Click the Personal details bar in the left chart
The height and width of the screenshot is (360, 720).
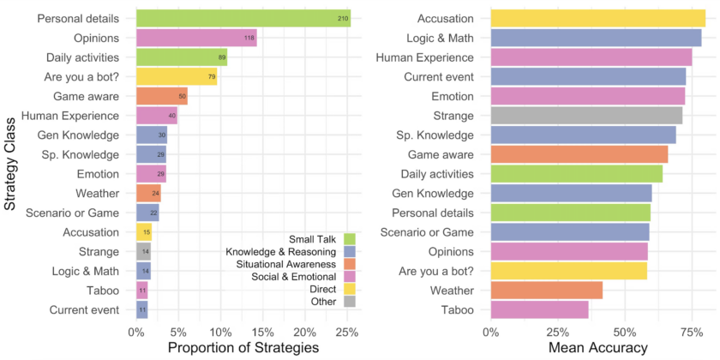click(243, 18)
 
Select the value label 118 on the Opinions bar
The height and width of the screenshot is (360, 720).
click(249, 38)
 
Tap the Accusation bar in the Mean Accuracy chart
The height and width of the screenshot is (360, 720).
click(597, 18)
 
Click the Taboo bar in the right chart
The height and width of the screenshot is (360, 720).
click(539, 309)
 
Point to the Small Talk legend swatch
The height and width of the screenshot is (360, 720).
click(349, 237)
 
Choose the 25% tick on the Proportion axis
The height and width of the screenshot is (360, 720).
click(346, 331)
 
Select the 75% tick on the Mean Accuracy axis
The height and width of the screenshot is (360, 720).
click(692, 331)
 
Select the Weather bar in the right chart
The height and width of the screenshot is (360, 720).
click(546, 290)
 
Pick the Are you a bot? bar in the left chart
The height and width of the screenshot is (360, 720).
click(177, 77)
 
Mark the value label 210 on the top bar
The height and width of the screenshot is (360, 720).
click(342, 18)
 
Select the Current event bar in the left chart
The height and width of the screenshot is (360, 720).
click(142, 309)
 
